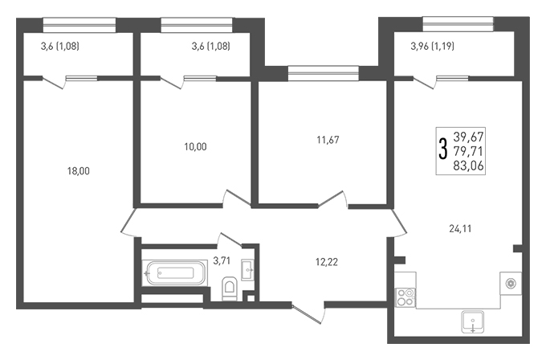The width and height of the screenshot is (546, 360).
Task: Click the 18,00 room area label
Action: (79, 171)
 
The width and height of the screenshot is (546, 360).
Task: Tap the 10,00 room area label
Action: (195, 147)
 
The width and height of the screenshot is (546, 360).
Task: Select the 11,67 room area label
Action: (328, 140)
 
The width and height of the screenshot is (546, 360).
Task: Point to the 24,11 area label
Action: (460, 228)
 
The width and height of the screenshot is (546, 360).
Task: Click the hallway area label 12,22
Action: (327, 262)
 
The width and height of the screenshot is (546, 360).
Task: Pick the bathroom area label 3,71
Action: (222, 260)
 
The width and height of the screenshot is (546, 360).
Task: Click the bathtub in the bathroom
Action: (175, 273)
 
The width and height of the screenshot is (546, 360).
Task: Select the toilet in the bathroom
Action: (230, 288)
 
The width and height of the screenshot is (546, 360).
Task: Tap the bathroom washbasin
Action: (247, 270)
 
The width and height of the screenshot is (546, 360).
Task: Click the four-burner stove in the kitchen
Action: (405, 297)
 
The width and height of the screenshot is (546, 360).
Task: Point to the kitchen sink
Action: (472, 321)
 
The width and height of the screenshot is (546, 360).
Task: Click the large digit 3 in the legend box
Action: (443, 149)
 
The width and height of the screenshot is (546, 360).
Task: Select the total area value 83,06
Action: (468, 166)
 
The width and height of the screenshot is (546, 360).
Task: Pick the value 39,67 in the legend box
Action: (468, 137)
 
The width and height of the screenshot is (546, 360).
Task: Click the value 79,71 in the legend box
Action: (468, 152)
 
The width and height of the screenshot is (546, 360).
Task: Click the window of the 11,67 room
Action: (323, 73)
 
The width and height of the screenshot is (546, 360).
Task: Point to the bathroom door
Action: (230, 239)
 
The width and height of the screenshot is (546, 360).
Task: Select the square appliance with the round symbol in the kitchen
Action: (511, 284)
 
